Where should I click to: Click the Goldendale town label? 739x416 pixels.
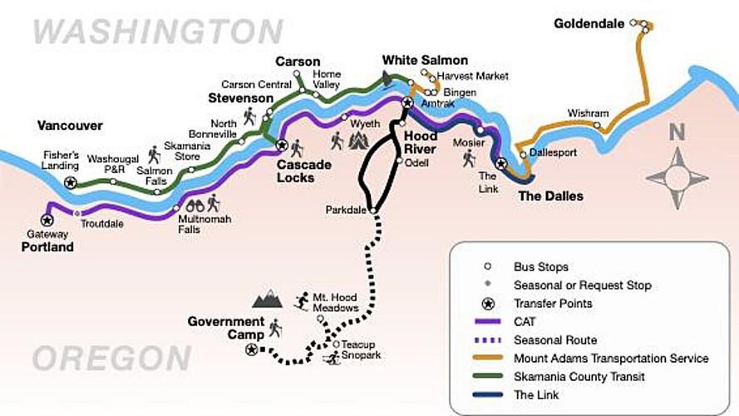pyautogui.click(x=589, y=24)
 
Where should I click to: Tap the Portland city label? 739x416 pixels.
pyautogui.click(x=47, y=247)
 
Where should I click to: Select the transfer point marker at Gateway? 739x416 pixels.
pyautogui.click(x=47, y=220)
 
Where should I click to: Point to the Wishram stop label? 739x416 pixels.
pyautogui.click(x=589, y=113)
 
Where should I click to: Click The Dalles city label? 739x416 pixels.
pyautogui.click(x=550, y=196)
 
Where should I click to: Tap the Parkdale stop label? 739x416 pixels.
pyautogui.click(x=347, y=210)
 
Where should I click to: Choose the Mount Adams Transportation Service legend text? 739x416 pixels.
pyautogui.click(x=611, y=359)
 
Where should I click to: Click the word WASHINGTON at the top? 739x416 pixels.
pyautogui.click(x=158, y=32)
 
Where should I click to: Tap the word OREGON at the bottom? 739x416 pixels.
pyautogui.click(x=111, y=359)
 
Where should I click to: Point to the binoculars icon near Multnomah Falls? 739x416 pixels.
pyautogui.click(x=195, y=205)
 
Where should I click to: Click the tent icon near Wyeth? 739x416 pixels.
pyautogui.click(x=357, y=140)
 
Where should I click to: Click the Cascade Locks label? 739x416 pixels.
pyautogui.click(x=303, y=171)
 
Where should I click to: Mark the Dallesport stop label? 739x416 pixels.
pyautogui.click(x=553, y=153)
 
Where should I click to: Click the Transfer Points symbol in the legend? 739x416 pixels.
pyautogui.click(x=487, y=304)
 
